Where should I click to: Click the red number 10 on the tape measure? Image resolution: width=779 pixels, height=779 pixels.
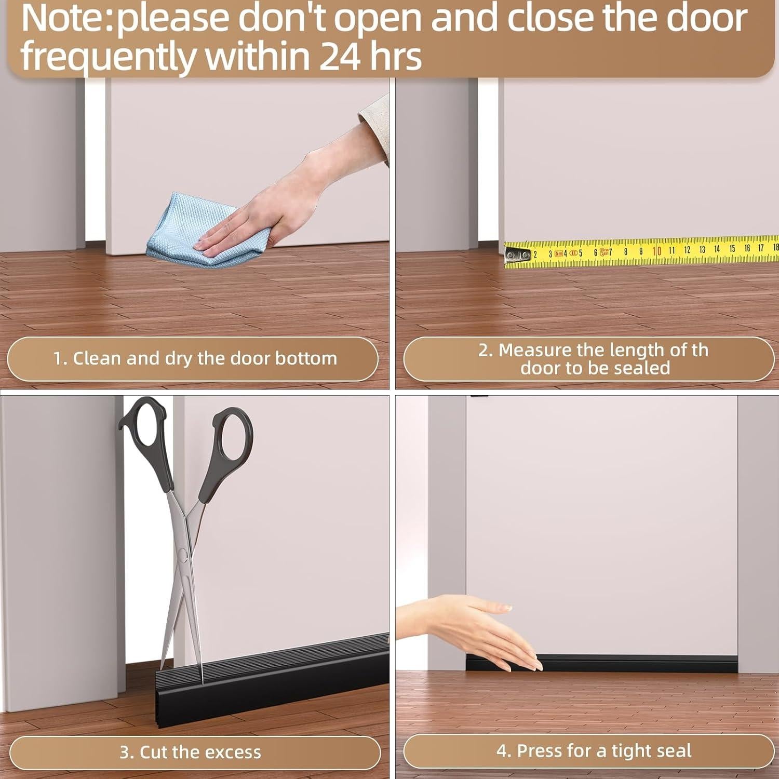[656, 251]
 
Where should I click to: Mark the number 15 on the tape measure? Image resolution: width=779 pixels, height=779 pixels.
[732, 249]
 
